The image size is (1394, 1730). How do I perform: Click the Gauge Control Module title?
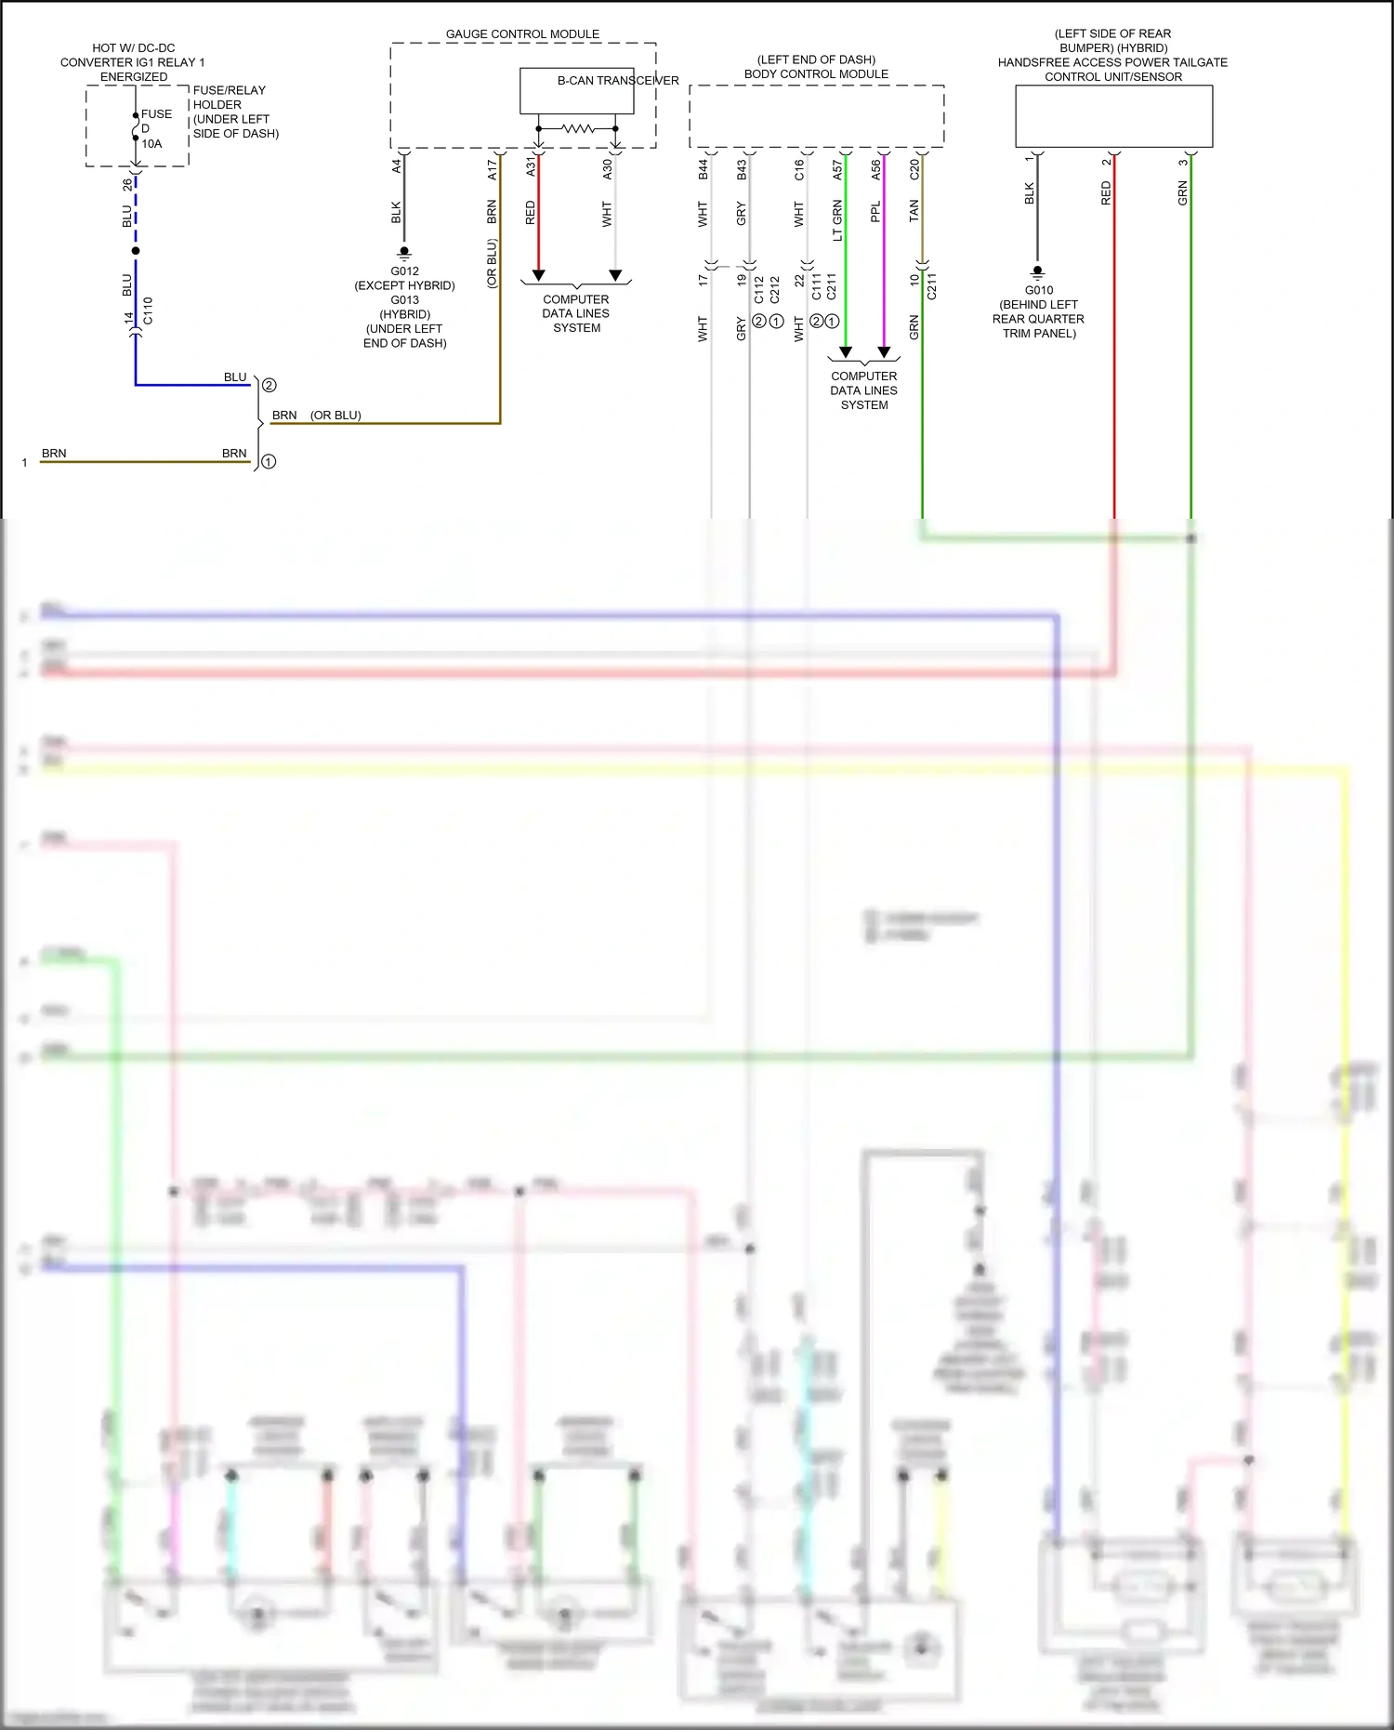point(522,34)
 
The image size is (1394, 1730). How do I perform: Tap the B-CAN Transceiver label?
point(617,81)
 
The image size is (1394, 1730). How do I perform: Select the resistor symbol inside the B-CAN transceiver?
point(577,128)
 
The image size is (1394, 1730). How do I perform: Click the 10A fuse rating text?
point(151,144)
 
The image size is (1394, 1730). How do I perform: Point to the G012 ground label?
point(404,271)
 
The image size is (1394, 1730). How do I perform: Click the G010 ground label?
point(1038,290)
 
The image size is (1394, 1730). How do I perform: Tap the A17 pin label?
point(493,169)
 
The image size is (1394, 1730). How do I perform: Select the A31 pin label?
point(531,166)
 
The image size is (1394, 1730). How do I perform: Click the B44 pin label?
point(704,169)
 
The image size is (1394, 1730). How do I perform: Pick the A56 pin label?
point(875,169)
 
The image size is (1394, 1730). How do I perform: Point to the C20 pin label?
point(914,169)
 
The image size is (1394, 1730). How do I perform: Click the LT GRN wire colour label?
point(837,220)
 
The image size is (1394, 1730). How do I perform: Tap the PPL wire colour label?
point(875,213)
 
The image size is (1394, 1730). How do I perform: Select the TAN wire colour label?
point(914,211)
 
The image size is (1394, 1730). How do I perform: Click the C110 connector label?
point(148,310)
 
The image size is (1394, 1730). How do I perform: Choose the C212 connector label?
point(775,290)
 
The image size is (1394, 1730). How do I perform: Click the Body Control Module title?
point(816,74)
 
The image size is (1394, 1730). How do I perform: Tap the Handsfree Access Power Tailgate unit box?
point(1113,116)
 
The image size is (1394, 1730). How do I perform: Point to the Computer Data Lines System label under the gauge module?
point(576,313)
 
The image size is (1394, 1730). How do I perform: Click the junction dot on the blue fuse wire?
point(136,251)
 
